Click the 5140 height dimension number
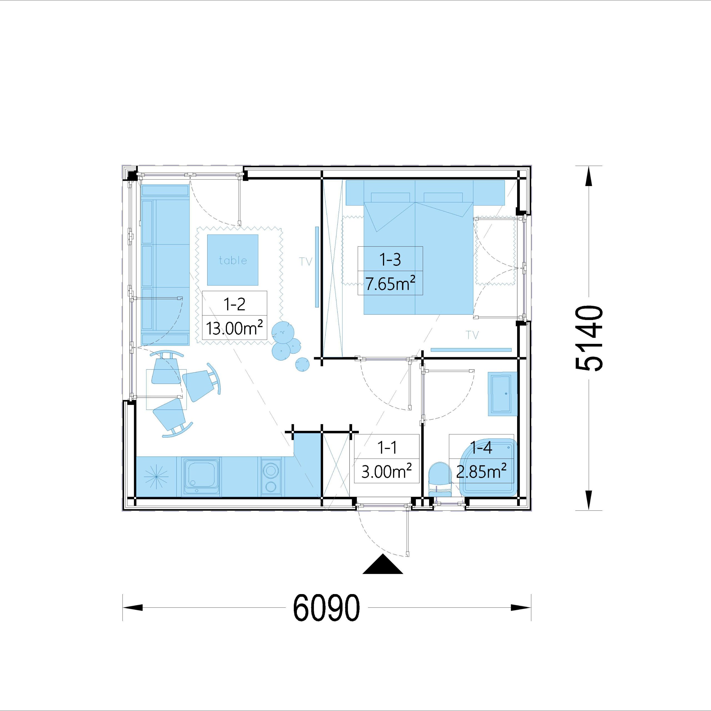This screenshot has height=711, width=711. point(589,338)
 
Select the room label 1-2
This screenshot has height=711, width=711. point(234,304)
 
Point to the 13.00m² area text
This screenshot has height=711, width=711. point(234,327)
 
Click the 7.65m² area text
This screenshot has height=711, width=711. point(390,283)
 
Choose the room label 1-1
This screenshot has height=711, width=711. point(387,447)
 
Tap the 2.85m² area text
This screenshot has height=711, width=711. point(481,471)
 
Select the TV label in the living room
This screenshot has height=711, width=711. point(306,262)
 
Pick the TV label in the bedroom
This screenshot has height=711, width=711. point(472,335)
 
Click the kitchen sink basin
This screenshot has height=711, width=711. point(202,477)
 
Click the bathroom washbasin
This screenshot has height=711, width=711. point(502,394)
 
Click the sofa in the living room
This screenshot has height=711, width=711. point(165,265)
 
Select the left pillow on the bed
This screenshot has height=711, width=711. point(390,197)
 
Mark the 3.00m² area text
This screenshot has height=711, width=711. point(386,471)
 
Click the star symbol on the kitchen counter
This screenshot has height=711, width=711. point(156,477)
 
